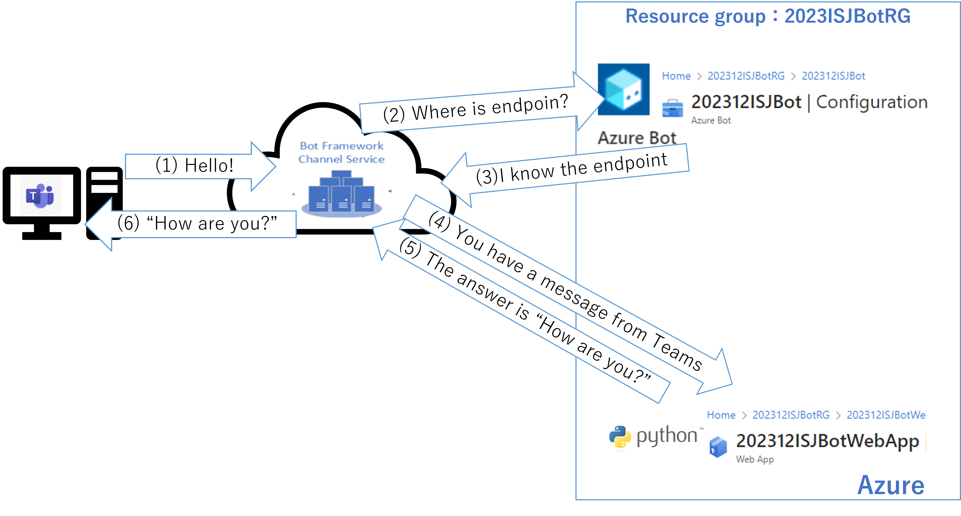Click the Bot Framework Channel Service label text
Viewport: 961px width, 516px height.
(341, 153)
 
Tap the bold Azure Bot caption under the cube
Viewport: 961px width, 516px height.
(637, 138)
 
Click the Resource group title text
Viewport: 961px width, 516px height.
(768, 16)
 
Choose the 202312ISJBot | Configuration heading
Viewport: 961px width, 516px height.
(809, 102)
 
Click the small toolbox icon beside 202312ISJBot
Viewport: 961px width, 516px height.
(672, 108)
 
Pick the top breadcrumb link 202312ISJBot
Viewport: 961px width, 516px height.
(833, 76)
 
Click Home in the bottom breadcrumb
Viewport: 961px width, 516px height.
(721, 415)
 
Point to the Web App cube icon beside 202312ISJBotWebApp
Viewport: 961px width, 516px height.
(718, 447)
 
